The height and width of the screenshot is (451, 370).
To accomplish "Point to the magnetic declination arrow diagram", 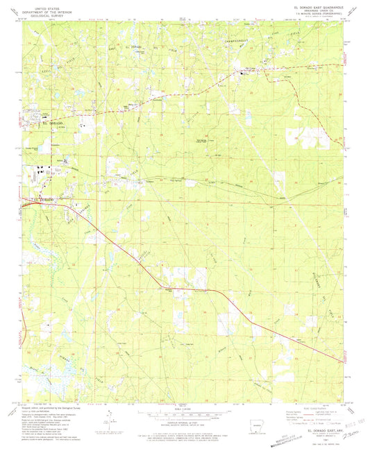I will click(104, 417).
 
